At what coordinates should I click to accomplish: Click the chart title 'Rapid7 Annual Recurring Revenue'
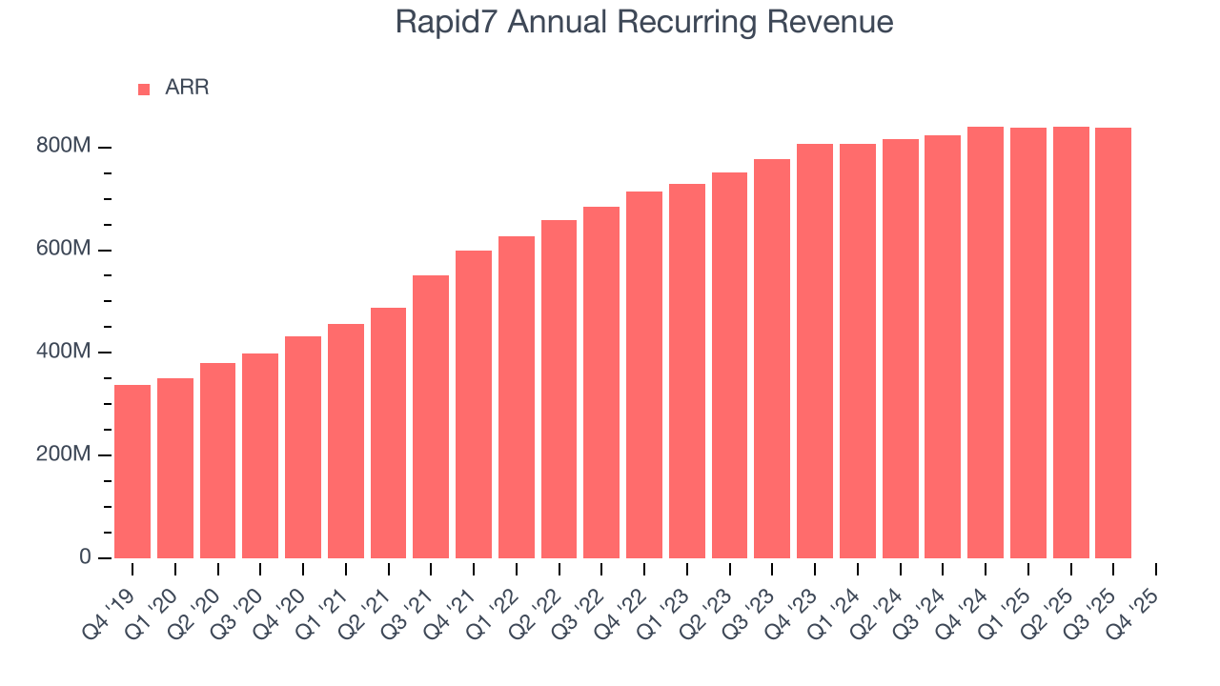point(644,23)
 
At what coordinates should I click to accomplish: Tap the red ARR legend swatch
point(144,89)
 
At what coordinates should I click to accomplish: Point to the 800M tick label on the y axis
point(63,147)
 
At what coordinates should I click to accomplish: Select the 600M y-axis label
point(63,250)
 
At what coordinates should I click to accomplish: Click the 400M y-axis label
point(63,353)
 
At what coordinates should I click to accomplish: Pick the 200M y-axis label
point(63,454)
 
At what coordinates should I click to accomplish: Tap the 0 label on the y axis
point(84,557)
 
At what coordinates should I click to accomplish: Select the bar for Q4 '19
point(132,472)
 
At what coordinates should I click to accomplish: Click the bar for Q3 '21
point(431,416)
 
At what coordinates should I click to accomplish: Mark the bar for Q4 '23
point(815,351)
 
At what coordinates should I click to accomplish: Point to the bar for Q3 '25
point(1113,343)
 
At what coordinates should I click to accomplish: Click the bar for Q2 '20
point(217,460)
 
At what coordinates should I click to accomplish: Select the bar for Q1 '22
point(517,397)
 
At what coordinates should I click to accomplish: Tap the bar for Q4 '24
point(986,342)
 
